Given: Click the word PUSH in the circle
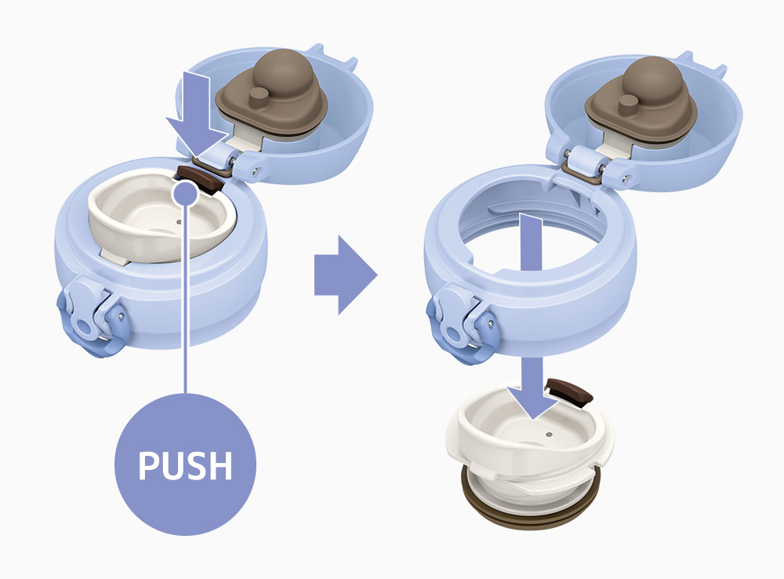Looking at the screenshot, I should [185, 465].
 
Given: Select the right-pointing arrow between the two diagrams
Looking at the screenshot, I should [345, 275].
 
